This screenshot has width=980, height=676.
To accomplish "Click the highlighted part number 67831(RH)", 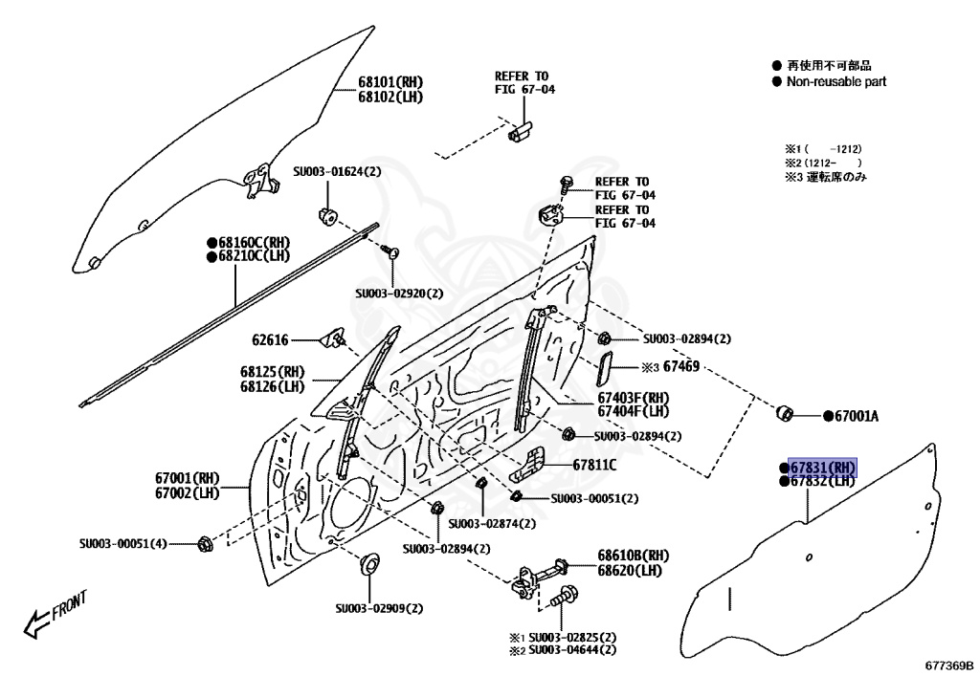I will (x=822, y=467).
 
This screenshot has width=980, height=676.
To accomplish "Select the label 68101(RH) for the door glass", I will (x=390, y=82).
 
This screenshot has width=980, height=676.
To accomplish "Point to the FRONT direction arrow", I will (x=55, y=614).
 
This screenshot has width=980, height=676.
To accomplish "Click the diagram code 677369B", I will (x=948, y=665).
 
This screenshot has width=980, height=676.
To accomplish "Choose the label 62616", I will (x=271, y=339).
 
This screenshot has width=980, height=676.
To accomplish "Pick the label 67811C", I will (x=594, y=465).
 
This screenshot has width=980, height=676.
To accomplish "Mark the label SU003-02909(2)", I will (x=379, y=607).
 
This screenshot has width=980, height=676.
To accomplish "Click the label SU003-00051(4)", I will (x=123, y=544).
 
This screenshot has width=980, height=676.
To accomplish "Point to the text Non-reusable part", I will (x=835, y=82).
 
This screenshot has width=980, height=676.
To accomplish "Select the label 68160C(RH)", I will (x=254, y=243).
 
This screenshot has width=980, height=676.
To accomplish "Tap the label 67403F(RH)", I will (x=634, y=398).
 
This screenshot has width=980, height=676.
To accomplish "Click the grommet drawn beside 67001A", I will (x=784, y=412).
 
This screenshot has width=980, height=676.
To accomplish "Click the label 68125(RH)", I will (x=272, y=372).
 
